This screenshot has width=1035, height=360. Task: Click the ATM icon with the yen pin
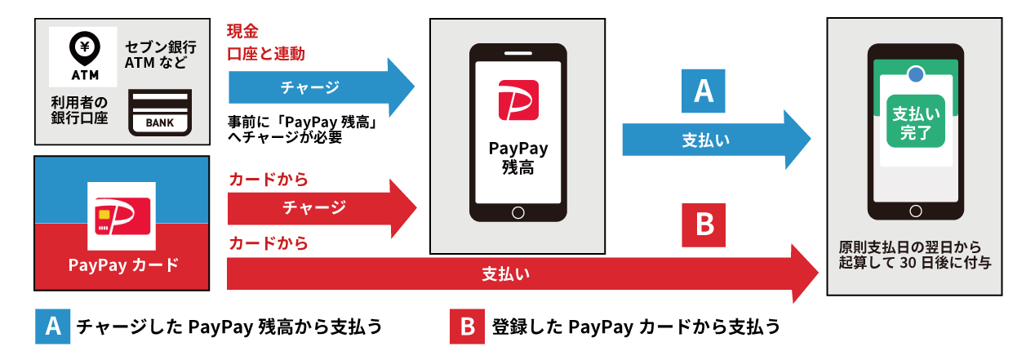click(x=82, y=56)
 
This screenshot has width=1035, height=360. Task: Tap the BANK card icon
click(x=160, y=113)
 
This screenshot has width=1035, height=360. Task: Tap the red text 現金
click(x=242, y=32)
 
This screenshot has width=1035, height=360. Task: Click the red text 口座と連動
click(x=266, y=54)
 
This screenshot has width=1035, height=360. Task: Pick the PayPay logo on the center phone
click(x=517, y=100)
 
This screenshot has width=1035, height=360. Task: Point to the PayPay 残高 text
click(x=517, y=158)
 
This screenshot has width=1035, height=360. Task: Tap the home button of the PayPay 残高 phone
click(x=517, y=212)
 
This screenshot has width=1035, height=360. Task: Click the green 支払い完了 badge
click(x=915, y=121)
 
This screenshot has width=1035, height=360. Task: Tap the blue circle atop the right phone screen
click(x=916, y=73)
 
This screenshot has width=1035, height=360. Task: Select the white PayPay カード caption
click(x=123, y=265)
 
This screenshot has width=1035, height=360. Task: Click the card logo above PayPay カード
click(x=122, y=216)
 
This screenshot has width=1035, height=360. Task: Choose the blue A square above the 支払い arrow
click(x=704, y=91)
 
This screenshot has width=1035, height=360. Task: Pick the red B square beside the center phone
click(x=704, y=224)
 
